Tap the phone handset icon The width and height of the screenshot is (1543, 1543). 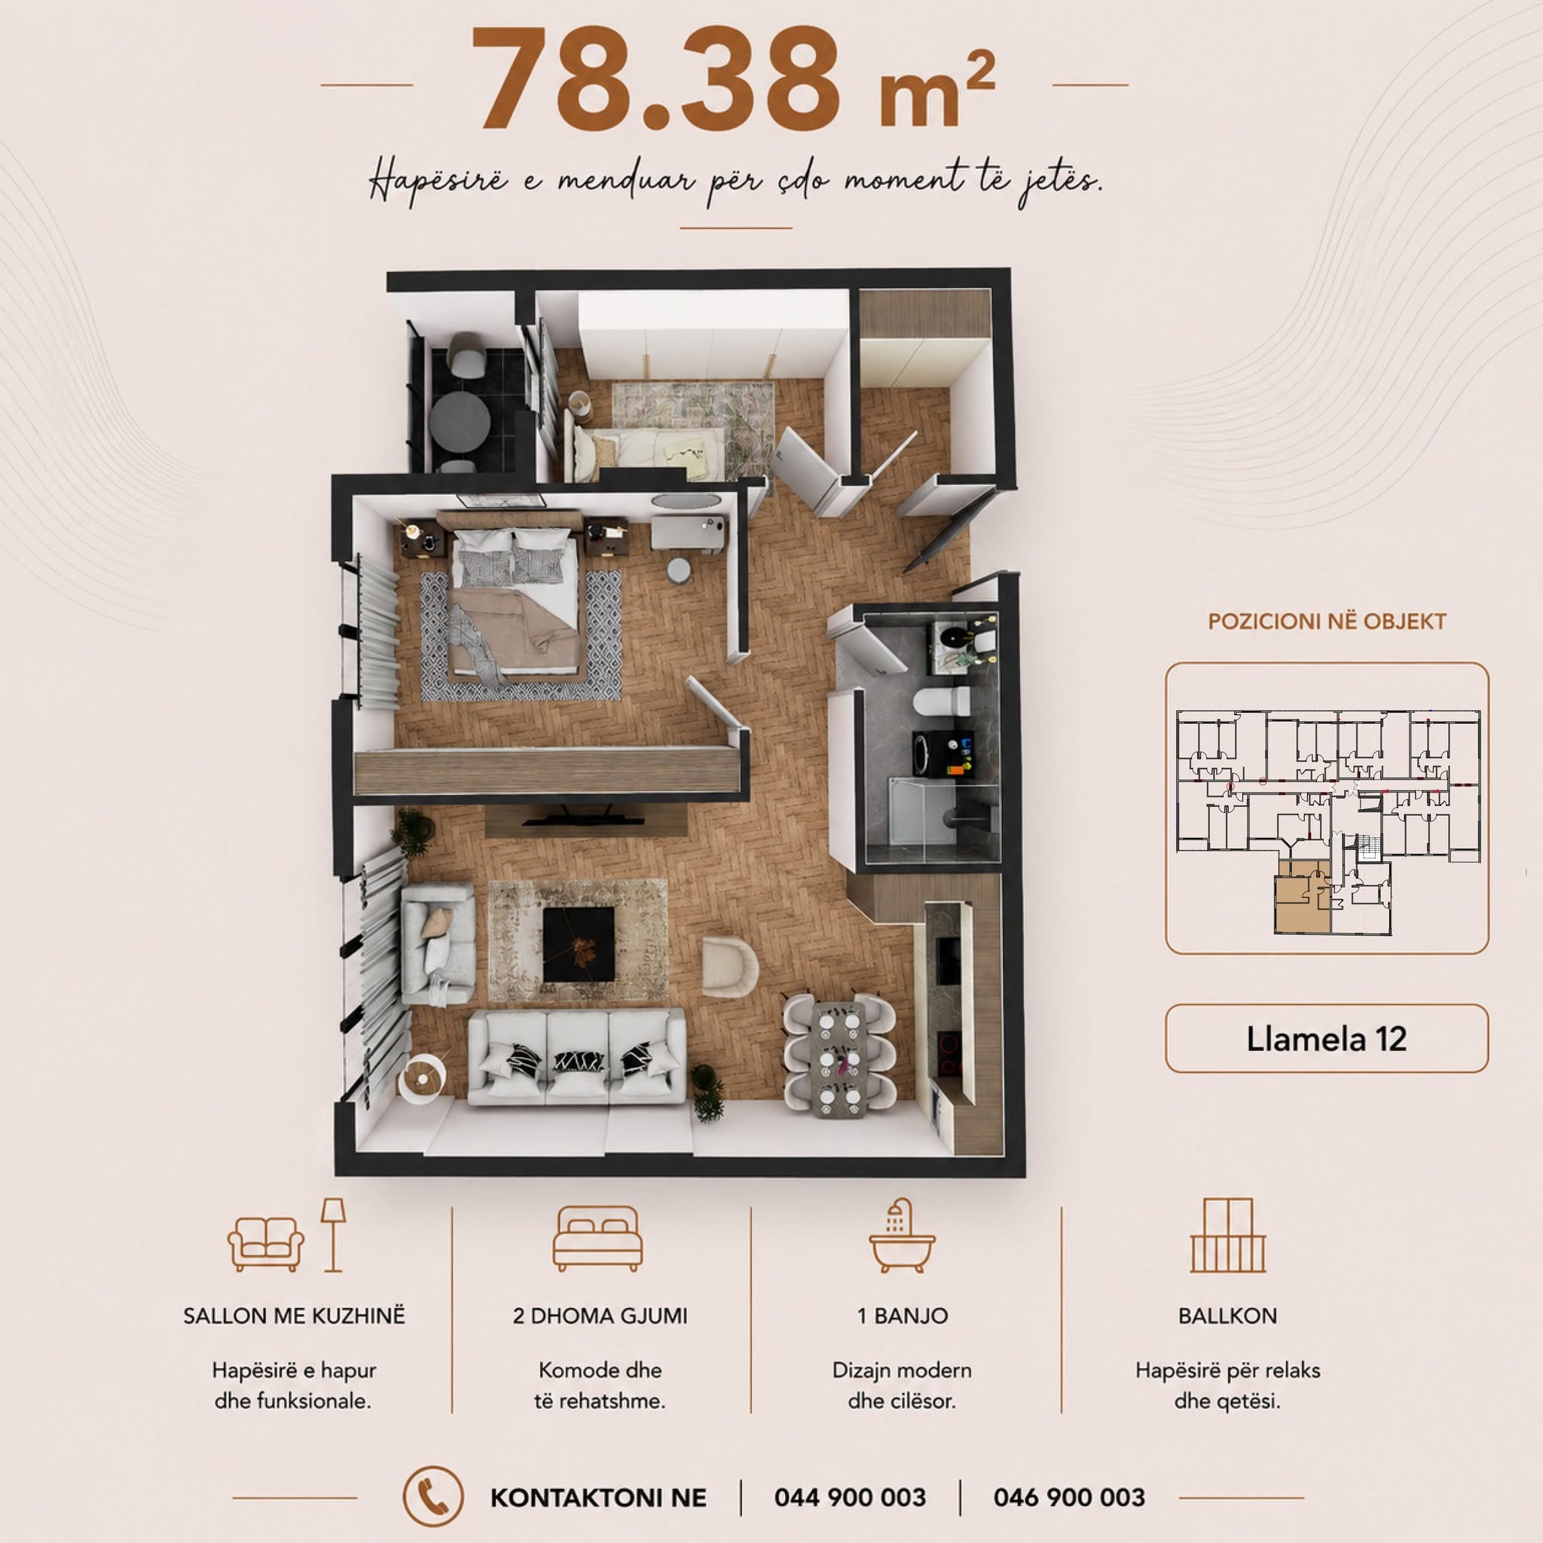coord(433,1497)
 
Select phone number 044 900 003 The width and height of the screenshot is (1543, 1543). coord(850,1498)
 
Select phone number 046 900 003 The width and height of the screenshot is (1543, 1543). coord(1069,1498)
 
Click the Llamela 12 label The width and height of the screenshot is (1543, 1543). coord(1327,1038)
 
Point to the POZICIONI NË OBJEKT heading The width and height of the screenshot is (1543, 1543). coord(1327,622)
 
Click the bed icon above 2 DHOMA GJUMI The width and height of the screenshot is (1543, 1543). coord(597,1239)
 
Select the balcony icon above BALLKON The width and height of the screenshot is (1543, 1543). coord(1227,1236)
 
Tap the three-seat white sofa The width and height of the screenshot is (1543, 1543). coord(576,1056)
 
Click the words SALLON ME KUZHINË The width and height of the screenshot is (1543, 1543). coord(294,1315)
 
